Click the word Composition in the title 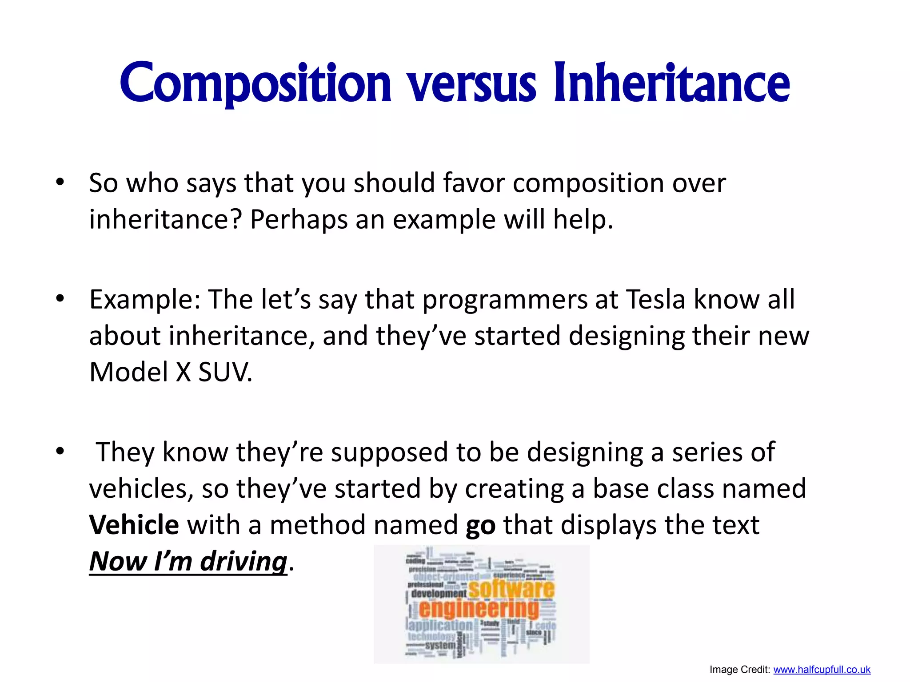click(x=255, y=83)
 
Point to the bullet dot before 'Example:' click(x=60, y=298)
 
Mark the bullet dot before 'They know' click(x=60, y=452)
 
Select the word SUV click(x=224, y=372)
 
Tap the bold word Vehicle click(x=134, y=525)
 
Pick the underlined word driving click(x=243, y=561)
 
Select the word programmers click(x=505, y=300)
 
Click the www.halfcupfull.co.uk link click(x=822, y=670)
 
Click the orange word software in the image click(x=511, y=589)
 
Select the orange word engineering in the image click(x=479, y=609)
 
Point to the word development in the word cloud click(x=439, y=594)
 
